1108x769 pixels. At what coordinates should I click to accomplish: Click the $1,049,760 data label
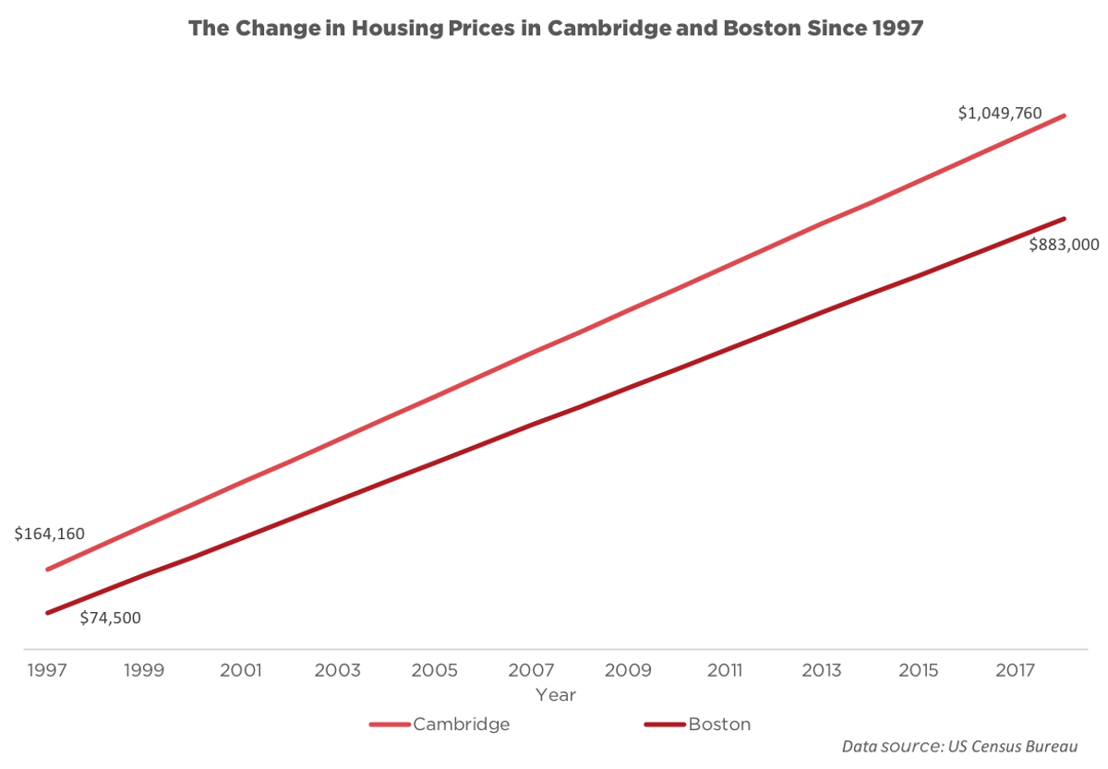pos(999,114)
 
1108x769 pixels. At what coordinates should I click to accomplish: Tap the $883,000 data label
pos(1064,245)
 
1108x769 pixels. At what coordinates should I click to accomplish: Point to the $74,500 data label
pos(110,619)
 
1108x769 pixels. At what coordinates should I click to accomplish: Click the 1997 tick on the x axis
pos(46,670)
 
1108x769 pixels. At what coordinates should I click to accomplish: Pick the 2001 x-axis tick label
pos(240,670)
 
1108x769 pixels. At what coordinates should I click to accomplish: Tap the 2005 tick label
pos(435,670)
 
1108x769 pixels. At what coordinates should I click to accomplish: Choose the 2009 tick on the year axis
pos(629,670)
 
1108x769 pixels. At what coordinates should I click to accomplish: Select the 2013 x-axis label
pos(823,670)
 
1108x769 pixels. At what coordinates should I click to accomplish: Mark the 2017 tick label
pos(1017,670)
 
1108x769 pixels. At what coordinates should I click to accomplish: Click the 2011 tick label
pos(726,670)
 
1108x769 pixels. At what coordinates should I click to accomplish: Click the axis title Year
pos(556,694)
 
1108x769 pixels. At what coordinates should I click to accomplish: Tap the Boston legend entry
pos(719,725)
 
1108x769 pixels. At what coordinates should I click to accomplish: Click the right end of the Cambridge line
pos(1065,116)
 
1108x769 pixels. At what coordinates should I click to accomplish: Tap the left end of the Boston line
pos(47,613)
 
